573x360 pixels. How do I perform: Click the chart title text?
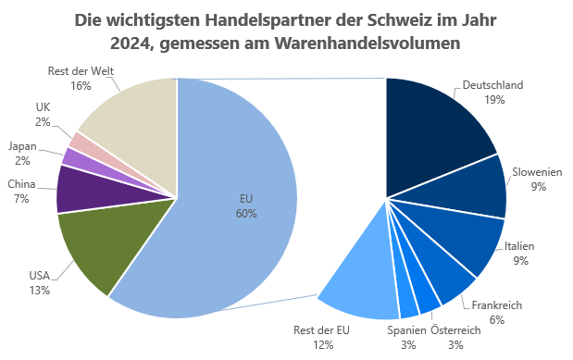coord(286,32)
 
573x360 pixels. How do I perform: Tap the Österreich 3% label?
coord(455,337)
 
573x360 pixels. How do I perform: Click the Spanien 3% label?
coord(406,337)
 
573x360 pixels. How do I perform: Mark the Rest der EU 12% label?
coord(323,337)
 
